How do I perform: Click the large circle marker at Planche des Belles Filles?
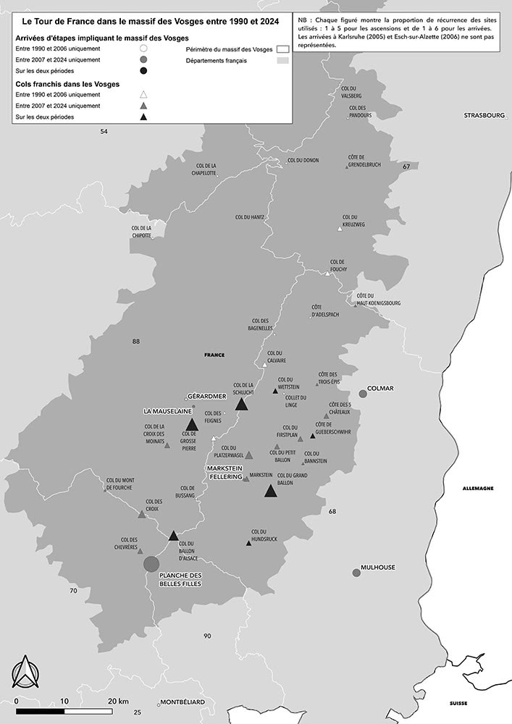[151, 564]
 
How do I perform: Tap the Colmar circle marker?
[363, 394]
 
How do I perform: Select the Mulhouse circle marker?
[356, 573]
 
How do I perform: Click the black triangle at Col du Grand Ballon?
[271, 491]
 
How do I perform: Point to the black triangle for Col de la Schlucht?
[242, 404]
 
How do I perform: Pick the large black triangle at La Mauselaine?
[191, 425]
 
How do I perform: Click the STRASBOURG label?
[484, 115]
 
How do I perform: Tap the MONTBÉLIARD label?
[182, 702]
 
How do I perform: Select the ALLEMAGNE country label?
[478, 489]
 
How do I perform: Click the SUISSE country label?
[458, 704]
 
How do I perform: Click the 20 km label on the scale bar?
[118, 701]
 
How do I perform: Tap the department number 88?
[135, 341]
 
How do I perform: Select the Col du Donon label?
[303, 160]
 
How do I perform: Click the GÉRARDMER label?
[206, 397]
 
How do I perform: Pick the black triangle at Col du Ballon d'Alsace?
[173, 536]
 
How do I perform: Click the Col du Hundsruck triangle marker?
[249, 543]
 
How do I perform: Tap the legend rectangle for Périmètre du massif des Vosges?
[282, 49]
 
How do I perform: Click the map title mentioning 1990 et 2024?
[150, 21]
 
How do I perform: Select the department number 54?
[104, 131]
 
